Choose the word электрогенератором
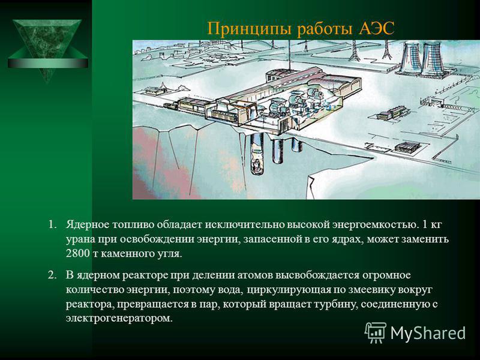[x=119, y=319]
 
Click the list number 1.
[x=53, y=224]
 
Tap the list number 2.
[x=52, y=275]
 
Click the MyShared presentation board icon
[x=376, y=332]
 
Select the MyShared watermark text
[x=428, y=333]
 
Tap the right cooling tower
[x=433, y=59]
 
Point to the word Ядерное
[x=87, y=225]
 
